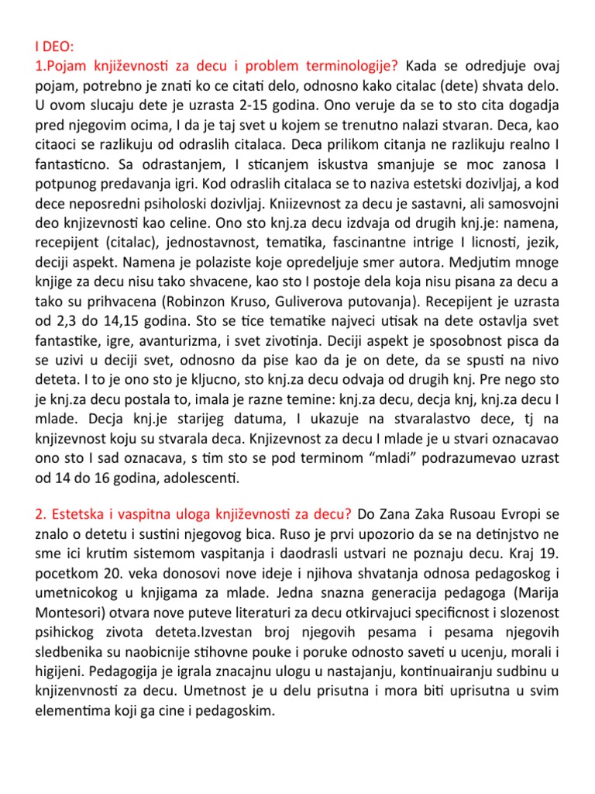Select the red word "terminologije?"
353,64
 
